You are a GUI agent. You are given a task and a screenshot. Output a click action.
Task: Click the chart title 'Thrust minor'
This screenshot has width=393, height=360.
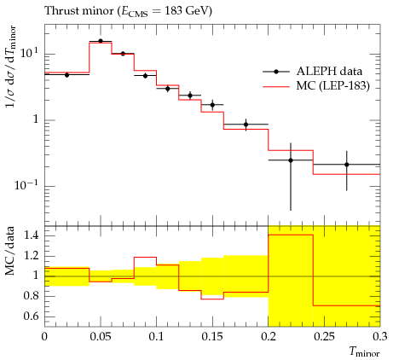click(x=78, y=11)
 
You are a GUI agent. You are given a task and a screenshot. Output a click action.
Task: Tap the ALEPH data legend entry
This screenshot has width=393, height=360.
click(x=313, y=72)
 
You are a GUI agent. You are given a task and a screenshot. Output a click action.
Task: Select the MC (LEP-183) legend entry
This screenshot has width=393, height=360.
click(x=316, y=85)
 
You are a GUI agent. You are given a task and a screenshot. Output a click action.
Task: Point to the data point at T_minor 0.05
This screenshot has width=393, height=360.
click(x=101, y=41)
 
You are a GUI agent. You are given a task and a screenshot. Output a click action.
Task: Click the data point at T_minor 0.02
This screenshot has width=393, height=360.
click(x=66, y=75)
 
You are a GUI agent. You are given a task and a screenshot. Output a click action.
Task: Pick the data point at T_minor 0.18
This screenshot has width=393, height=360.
click(x=246, y=125)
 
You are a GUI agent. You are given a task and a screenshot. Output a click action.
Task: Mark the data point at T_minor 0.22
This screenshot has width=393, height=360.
click(x=291, y=160)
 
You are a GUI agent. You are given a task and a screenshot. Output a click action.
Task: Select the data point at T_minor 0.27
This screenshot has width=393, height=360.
click(x=346, y=165)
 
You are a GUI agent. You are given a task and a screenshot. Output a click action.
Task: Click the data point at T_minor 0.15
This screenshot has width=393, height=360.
click(x=212, y=105)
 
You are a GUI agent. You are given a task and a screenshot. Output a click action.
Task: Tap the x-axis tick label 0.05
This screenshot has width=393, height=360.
click(x=101, y=337)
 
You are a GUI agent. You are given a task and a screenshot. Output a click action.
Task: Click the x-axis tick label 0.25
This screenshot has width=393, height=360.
click(x=324, y=337)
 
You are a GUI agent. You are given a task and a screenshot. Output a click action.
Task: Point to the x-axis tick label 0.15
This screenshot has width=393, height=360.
click(x=212, y=337)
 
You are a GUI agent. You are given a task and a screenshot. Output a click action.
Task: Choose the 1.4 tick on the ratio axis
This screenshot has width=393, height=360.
click(x=32, y=235)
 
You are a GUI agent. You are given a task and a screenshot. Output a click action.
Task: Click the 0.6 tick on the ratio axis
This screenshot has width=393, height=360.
click(x=32, y=316)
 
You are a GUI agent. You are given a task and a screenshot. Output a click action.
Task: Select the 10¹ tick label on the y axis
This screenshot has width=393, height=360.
click(x=29, y=53)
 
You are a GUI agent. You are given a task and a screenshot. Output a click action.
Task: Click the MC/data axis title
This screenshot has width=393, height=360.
click(x=10, y=251)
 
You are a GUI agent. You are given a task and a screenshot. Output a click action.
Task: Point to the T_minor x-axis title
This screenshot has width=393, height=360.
click(x=364, y=352)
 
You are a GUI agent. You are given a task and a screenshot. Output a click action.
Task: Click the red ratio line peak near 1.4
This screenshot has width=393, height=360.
click(x=291, y=235)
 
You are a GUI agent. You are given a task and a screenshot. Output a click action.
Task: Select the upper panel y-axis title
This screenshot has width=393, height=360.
click(x=11, y=67)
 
